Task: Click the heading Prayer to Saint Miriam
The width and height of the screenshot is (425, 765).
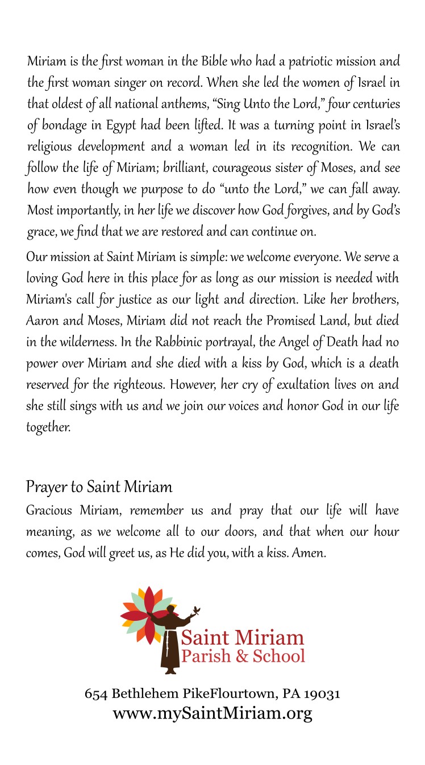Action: coord(99,487)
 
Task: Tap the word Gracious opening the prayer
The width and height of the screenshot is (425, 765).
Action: coord(49,510)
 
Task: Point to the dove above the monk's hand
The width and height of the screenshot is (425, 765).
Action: coord(197,612)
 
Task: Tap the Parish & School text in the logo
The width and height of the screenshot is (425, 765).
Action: coord(243,657)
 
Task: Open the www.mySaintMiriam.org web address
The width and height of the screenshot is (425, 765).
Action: coord(213,713)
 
